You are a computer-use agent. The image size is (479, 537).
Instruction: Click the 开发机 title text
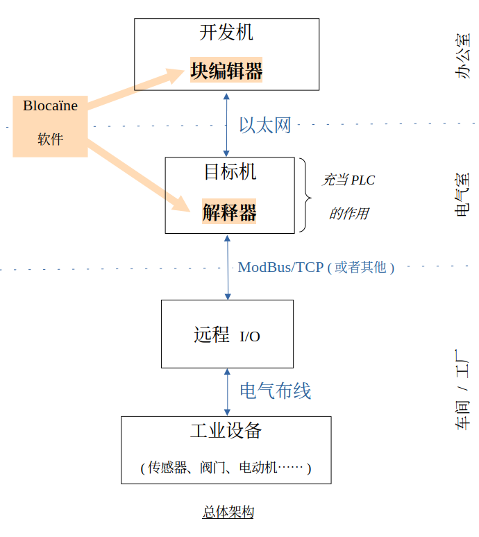coord(226,33)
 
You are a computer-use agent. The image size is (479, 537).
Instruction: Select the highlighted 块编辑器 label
coord(226,70)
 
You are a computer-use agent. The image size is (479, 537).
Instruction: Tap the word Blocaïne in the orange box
coord(51,105)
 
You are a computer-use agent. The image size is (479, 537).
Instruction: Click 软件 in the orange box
coord(51,139)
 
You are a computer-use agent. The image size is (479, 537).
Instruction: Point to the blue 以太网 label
coord(265,125)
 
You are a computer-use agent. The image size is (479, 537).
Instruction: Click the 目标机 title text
coord(230,171)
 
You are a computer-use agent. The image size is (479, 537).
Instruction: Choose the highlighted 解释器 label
coord(229,212)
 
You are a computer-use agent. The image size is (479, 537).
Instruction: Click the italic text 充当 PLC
coord(348,180)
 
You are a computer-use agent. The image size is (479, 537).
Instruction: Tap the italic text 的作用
coord(349,214)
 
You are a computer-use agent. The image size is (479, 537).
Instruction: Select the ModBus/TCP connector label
coord(316,267)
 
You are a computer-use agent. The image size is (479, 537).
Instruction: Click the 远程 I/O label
coord(227,335)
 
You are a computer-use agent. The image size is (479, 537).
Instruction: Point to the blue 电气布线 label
coord(276,391)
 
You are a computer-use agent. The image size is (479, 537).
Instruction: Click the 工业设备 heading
coord(226,430)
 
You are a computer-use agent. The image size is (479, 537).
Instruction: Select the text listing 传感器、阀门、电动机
coord(226,468)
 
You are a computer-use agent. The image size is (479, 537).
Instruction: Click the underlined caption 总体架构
coord(228,512)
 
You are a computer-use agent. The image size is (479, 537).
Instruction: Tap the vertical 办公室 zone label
coord(462,56)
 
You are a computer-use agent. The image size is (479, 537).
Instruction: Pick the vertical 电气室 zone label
coord(462,194)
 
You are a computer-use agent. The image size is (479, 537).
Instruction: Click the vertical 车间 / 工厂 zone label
coord(462,390)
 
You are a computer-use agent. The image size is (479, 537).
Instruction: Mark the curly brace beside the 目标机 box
coord(305,195)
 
